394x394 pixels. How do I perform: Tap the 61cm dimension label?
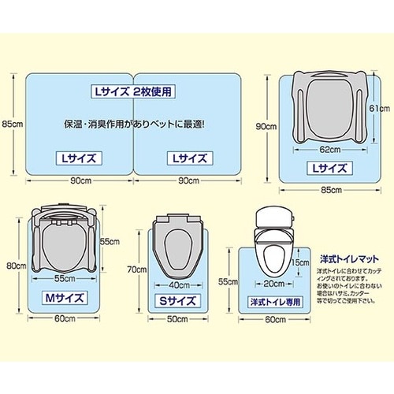(x=377, y=108)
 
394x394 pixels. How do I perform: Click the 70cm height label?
(x=137, y=268)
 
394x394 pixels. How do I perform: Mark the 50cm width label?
(x=177, y=318)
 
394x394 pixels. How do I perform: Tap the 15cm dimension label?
(x=298, y=263)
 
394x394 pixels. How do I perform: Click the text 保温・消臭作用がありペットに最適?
(x=135, y=125)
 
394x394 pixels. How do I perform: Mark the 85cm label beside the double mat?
(x=12, y=123)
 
